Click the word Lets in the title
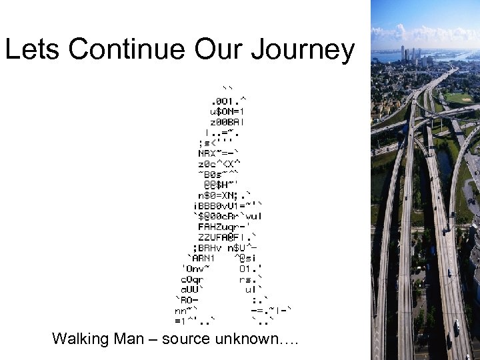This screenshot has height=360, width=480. [x=33, y=50]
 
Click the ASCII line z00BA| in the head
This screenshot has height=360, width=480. [x=227, y=122]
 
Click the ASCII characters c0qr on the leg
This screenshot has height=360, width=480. [x=192, y=279]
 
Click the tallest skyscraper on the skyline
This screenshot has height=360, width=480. [x=403, y=53]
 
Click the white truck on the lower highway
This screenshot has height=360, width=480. [x=456, y=327]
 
